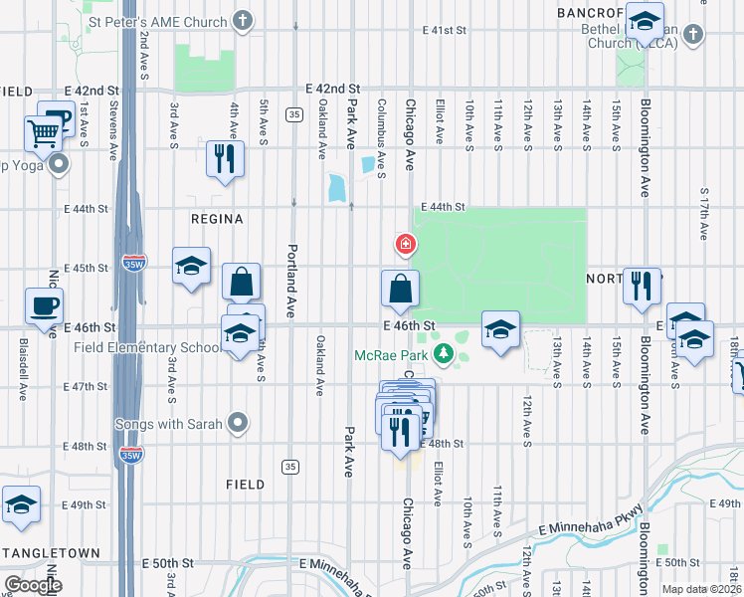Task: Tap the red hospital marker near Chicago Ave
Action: (405, 243)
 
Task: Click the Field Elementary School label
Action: (146, 347)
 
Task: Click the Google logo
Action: (33, 585)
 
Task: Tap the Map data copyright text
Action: (698, 589)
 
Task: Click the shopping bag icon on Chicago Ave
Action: (399, 288)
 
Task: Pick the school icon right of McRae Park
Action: (500, 328)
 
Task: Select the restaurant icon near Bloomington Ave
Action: (642, 285)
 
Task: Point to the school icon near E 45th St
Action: (191, 266)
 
